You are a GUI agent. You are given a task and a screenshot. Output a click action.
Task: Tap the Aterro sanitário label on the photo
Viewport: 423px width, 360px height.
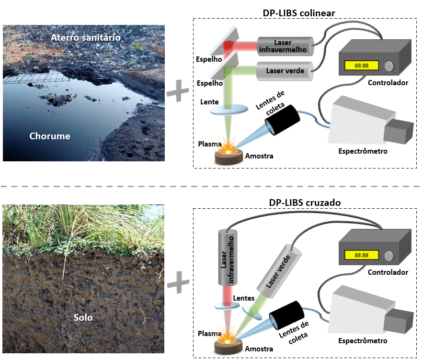[86, 37]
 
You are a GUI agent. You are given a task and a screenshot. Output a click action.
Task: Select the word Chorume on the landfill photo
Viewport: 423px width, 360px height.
[50, 136]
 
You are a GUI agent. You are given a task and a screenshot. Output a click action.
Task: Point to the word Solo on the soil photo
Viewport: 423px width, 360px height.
[83, 317]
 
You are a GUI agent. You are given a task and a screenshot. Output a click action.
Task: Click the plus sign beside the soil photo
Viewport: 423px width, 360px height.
[178, 283]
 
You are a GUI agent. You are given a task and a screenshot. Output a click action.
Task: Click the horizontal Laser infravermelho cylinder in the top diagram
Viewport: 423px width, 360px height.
[285, 46]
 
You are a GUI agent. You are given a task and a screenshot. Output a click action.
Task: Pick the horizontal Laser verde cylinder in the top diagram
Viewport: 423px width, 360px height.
[285, 70]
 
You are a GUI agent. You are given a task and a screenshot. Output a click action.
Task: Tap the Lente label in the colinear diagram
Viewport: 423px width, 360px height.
[210, 102]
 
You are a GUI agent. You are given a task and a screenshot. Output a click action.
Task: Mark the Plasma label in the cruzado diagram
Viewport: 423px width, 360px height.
[210, 334]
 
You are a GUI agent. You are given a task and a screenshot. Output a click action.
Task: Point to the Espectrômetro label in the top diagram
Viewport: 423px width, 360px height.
[363, 151]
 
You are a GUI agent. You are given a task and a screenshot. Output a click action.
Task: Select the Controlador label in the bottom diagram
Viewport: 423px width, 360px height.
[388, 272]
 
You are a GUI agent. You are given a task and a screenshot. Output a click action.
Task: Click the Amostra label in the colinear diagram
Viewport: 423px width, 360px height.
[259, 156]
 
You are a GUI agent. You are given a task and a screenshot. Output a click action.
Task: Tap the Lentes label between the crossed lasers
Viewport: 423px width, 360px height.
[243, 298]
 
